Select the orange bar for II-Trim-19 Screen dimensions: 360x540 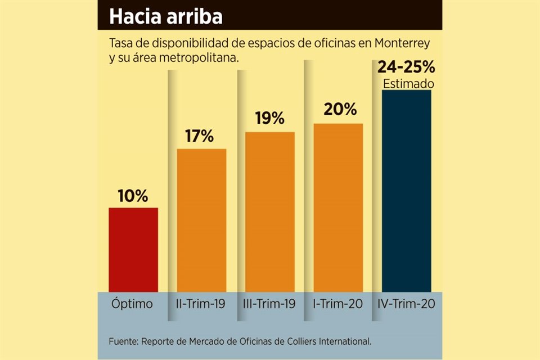202,220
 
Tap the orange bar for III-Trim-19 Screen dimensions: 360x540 270,211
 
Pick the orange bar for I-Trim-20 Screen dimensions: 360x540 338,207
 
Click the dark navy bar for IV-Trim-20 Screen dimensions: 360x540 407,190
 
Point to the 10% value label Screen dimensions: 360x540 133,196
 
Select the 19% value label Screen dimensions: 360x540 270,119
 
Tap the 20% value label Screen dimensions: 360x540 340,110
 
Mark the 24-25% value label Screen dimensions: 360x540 407,68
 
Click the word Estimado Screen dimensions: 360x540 408,84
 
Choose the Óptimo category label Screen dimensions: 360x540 132,304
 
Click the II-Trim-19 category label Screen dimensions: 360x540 201,304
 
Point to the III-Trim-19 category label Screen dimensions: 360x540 270,304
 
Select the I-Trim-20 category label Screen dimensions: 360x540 338,304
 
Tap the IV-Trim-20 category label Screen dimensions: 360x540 407,304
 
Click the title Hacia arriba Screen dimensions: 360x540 166,16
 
